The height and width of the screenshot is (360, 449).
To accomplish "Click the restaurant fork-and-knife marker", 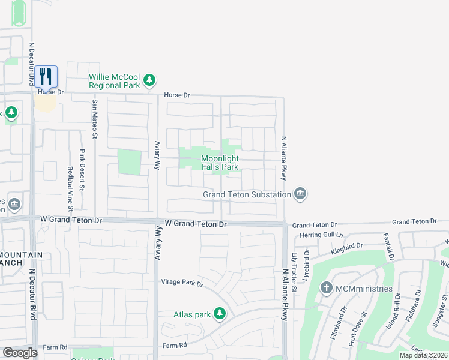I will pos(46,76).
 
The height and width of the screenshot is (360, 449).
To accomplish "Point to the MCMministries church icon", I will pos(327,288).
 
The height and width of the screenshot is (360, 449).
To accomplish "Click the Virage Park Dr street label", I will pos(182,282).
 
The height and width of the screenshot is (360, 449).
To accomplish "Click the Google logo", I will pos(20,353).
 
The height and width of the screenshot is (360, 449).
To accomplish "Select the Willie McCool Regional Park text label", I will pos(115,81).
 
